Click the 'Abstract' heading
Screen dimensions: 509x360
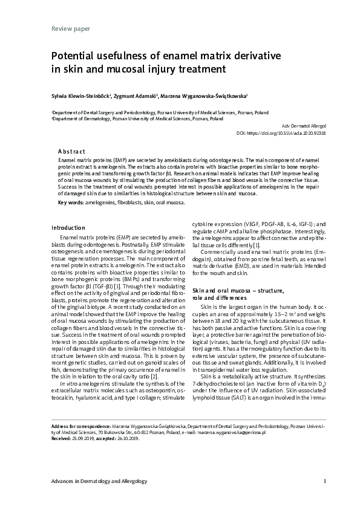(71, 151)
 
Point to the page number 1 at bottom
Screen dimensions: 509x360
(325, 481)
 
